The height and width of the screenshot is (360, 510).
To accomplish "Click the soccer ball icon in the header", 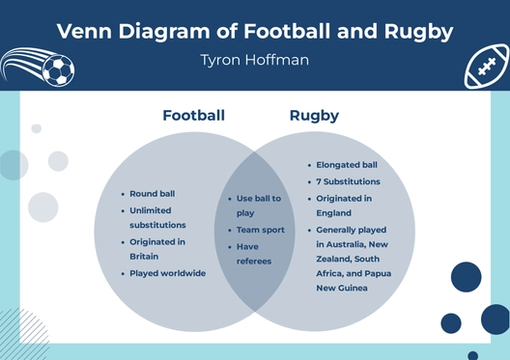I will (58, 69).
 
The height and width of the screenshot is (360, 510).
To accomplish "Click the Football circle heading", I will (193, 116).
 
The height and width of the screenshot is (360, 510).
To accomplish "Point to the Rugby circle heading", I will (314, 116).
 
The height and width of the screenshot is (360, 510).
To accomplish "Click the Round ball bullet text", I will (152, 194).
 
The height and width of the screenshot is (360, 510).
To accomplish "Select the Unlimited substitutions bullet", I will (158, 217).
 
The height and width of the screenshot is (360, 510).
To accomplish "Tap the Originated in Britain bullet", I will (157, 249).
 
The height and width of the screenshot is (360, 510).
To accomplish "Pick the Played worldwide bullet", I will (168, 273).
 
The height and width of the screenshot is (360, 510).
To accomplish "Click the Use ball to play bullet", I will (259, 206).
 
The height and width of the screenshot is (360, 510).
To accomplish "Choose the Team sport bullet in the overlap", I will (261, 230).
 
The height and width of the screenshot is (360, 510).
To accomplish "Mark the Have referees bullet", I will (254, 253).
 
